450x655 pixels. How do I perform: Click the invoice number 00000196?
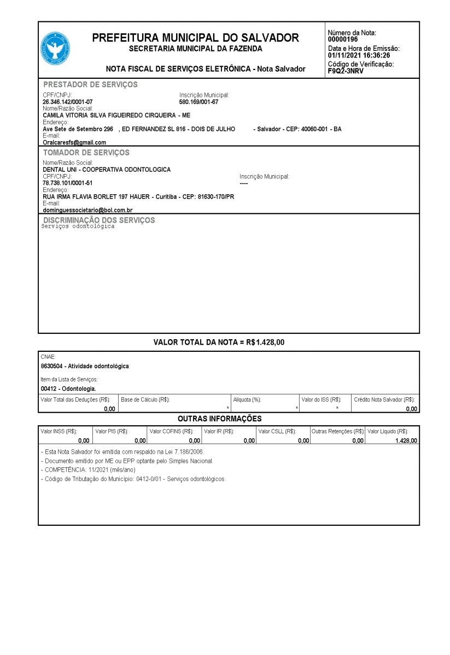[343, 39]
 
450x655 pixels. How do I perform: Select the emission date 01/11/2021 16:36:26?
[359, 55]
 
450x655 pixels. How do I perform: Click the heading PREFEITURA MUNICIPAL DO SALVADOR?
[195, 38]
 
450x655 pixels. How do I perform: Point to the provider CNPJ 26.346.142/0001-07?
[68, 102]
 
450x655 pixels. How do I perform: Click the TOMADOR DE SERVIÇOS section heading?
[86, 153]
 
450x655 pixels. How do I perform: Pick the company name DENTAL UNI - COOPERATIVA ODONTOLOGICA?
[107, 170]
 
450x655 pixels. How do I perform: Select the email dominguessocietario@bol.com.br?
[88, 210]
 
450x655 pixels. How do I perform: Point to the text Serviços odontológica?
[78, 227]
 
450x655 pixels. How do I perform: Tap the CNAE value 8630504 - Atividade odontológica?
[85, 366]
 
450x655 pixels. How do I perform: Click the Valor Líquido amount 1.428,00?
[406, 440]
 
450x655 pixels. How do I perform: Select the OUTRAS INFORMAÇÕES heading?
[220, 419]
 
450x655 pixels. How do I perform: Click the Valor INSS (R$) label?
[59, 431]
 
